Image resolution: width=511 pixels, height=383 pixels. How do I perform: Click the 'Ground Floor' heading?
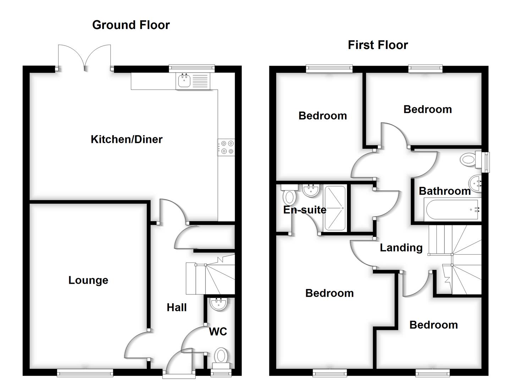click(131, 25)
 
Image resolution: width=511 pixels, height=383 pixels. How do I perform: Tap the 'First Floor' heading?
click(378, 45)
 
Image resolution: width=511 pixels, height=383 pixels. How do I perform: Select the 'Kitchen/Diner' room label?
click(126, 139)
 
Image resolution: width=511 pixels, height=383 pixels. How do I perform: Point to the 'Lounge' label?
click(88, 280)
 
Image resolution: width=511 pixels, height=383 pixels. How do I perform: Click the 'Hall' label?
click(177, 307)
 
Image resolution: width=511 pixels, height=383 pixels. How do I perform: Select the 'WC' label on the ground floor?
click(218, 331)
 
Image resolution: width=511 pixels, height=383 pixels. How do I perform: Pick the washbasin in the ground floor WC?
click(218, 304)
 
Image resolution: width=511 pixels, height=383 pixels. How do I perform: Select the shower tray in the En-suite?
click(335, 208)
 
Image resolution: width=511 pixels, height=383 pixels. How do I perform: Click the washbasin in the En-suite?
click(311, 190)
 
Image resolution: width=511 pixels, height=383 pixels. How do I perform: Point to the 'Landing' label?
click(401, 248)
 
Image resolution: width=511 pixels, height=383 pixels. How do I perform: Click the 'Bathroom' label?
click(444, 191)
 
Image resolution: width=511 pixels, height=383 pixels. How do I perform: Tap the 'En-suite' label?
click(304, 210)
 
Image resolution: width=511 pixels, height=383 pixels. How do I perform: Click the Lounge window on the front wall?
click(85, 372)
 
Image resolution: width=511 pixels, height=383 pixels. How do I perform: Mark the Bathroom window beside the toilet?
click(486, 162)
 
